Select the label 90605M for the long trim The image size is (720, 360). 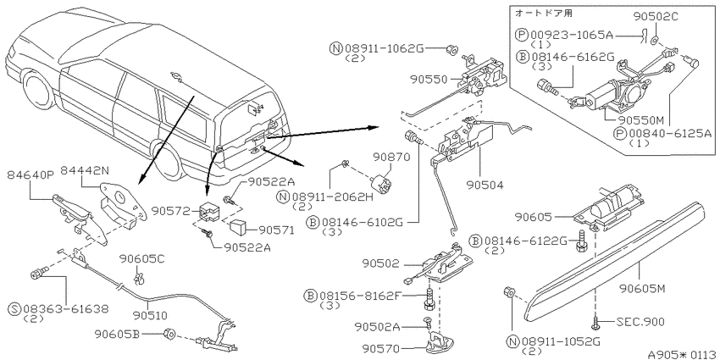642,289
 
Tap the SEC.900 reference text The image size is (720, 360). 641,322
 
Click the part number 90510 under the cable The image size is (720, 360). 150,316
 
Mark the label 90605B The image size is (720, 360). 117,334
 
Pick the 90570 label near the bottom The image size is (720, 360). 381,349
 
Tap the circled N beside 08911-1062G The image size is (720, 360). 336,47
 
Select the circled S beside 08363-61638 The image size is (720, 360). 15,308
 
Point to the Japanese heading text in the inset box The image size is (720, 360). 544,14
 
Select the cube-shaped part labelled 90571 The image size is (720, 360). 237,226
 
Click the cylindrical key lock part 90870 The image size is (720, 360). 380,180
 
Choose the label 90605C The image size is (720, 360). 142,260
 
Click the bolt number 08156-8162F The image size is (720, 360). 358,295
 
